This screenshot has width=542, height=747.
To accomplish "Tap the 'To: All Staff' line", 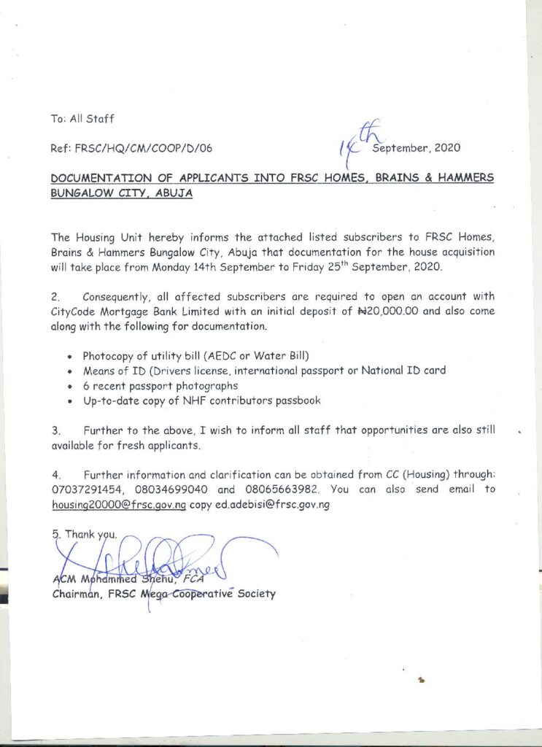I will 82,119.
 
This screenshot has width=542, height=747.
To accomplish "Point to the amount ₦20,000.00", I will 404,311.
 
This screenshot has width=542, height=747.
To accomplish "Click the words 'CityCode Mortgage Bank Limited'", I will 130,311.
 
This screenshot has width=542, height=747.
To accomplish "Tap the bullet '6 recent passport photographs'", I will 160,385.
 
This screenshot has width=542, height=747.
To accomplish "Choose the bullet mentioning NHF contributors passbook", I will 201,400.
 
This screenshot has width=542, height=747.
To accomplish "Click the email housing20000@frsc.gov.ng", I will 118,505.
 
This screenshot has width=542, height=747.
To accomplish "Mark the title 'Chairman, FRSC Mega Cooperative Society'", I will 163,594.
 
